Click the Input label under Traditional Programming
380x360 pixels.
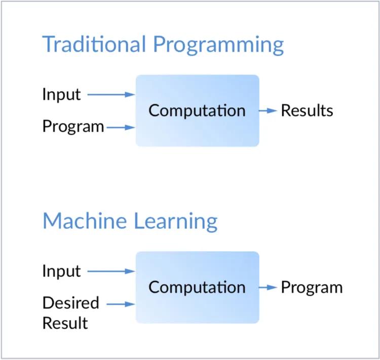[x=61, y=95]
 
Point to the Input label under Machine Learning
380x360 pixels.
[x=61, y=271]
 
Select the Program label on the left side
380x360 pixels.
[x=73, y=127]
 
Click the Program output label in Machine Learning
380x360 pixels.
[x=312, y=288]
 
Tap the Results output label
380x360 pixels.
[x=307, y=110]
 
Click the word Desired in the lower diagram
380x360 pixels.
[x=70, y=303]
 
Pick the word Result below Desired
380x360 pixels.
[x=65, y=323]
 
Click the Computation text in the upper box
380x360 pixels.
[x=197, y=110]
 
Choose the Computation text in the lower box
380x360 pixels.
[x=197, y=288]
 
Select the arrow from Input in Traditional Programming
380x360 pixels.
[x=111, y=94]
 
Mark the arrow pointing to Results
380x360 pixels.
[x=269, y=110]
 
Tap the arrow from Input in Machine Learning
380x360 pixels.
[x=111, y=271]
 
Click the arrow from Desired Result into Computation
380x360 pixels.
[x=121, y=304]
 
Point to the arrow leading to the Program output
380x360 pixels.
[x=269, y=288]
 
